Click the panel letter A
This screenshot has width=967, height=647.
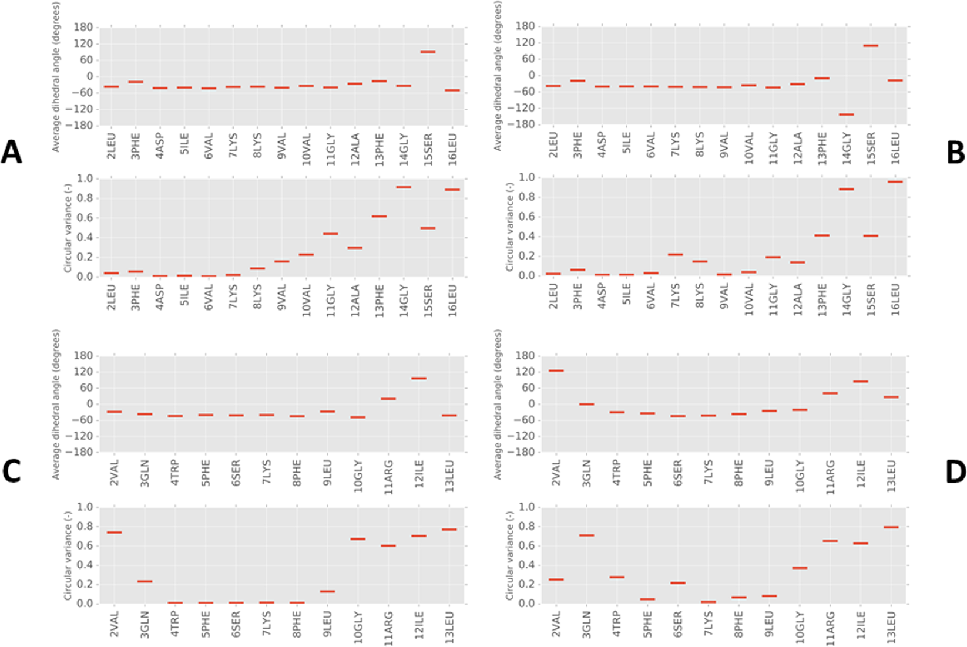[12, 152]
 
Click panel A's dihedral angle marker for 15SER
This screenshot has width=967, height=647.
[428, 52]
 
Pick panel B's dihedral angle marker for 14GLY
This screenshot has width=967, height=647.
[846, 114]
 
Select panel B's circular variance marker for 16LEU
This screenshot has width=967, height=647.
[895, 182]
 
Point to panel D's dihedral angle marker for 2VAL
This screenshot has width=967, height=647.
[556, 370]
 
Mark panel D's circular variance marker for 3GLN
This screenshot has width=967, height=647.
[586, 535]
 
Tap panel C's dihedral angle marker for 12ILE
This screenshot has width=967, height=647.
[419, 378]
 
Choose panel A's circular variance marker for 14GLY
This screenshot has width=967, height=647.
[403, 187]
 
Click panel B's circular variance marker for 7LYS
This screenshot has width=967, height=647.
[675, 255]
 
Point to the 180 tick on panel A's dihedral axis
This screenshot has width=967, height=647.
[83, 27]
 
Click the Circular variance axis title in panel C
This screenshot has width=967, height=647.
[68, 555]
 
